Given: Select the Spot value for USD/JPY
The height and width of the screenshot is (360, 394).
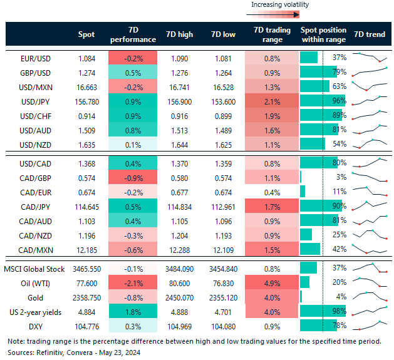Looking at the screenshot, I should click(87, 99).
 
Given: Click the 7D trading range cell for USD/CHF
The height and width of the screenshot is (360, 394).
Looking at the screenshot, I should click(272, 113).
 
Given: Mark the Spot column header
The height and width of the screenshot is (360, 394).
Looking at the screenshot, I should click(87, 34).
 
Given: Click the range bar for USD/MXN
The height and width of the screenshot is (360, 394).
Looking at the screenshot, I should click(314, 85).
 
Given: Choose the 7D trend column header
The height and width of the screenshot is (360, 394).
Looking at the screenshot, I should click(370, 34).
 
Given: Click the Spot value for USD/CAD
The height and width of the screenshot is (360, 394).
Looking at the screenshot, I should click(87, 163).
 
